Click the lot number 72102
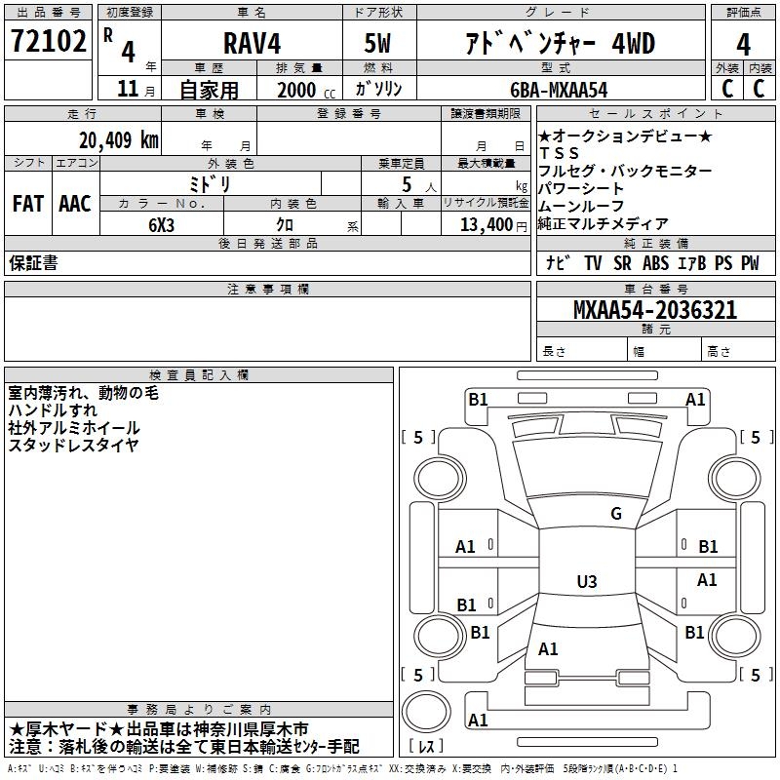pyautogui.click(x=48, y=40)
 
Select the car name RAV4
pyautogui.click(x=253, y=43)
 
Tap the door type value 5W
pyautogui.click(x=377, y=43)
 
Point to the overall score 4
pyautogui.click(x=743, y=44)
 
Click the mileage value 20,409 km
pyautogui.click(x=119, y=140)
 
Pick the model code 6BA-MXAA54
pyautogui.click(x=559, y=90)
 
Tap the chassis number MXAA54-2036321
pyautogui.click(x=655, y=310)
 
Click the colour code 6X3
pyautogui.click(x=162, y=225)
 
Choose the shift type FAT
pyautogui.click(x=28, y=204)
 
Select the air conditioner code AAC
pyautogui.click(x=75, y=204)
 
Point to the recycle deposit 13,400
pyautogui.click(x=487, y=225)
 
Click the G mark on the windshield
pyautogui.click(x=616, y=514)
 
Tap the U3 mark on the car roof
pyautogui.click(x=587, y=581)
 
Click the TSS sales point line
pyautogui.click(x=559, y=153)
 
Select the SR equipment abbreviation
pyautogui.click(x=622, y=263)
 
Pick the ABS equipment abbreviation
pyautogui.click(x=655, y=263)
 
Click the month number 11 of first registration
pyautogui.click(x=128, y=89)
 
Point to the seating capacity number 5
pyautogui.click(x=407, y=184)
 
